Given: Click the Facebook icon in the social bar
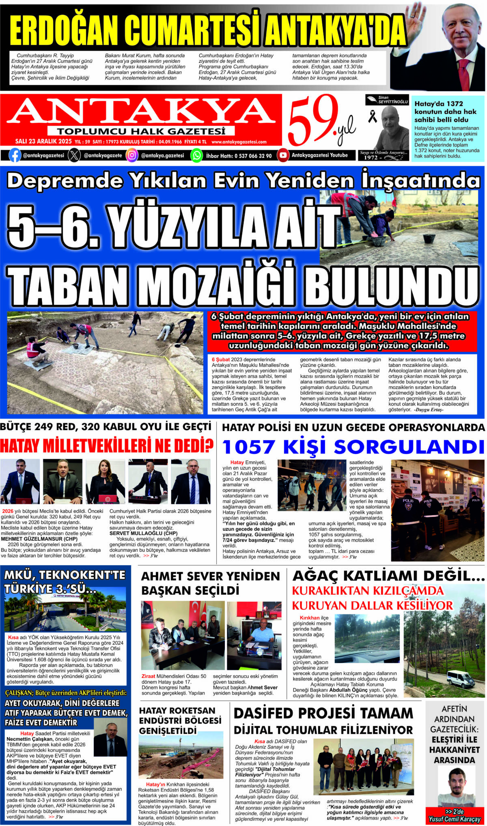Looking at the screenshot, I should click(15, 155).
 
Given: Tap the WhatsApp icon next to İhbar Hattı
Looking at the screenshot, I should click(196, 155).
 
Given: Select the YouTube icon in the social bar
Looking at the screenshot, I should click(283, 155).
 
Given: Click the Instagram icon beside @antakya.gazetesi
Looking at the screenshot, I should click(132, 155).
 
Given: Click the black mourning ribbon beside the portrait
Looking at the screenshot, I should click(372, 117).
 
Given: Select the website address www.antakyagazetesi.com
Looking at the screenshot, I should click(239, 142).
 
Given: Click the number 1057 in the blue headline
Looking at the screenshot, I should click(248, 447).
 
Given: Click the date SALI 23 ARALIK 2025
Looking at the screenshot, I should click(43, 142).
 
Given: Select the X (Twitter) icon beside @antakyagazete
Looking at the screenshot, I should click(74, 155).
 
